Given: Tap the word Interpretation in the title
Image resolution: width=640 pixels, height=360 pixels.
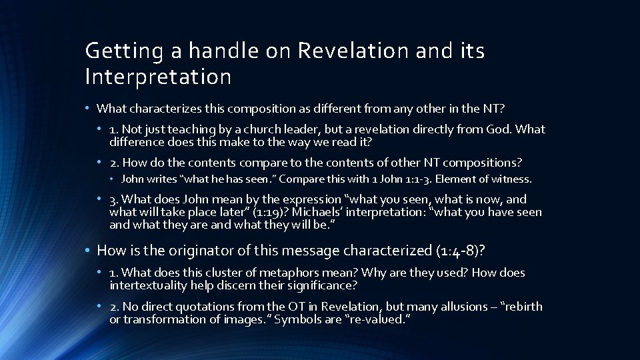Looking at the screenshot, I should tap(158, 77).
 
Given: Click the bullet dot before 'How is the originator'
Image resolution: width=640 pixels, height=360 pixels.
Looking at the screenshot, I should tap(87, 251).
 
